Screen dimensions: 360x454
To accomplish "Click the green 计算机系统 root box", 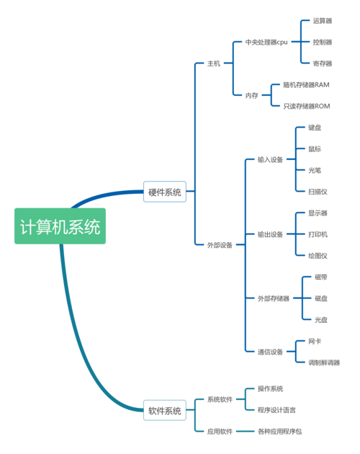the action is tap(60, 226).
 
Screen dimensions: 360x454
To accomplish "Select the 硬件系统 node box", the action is tap(165, 192).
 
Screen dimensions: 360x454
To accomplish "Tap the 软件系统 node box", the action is tap(165, 410).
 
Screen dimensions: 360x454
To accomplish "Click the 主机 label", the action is tap(214, 63).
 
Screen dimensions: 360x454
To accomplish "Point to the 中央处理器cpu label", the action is tap(266, 43).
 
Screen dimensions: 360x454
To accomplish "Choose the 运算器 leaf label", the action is tap(323, 21).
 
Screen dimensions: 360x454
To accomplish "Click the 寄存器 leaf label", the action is tap(323, 63).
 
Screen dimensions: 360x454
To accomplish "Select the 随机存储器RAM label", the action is tap(307, 85).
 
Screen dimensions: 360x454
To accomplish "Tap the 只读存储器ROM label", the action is tap(307, 106).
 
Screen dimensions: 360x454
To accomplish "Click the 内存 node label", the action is tap(251, 95).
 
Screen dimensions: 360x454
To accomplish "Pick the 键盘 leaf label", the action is tap(315, 128).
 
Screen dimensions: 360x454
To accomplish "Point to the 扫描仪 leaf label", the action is tap(318, 192).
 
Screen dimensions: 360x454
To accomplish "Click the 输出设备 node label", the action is tap(270, 234).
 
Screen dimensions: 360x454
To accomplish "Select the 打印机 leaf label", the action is tap(318, 234).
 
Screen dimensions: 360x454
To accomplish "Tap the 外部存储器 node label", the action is tap(274, 298).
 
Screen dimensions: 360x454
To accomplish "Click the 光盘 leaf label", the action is tap(321, 320).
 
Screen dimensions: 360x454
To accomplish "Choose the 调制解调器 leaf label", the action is tap(324, 362).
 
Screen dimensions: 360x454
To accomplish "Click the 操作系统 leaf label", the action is tap(270, 388).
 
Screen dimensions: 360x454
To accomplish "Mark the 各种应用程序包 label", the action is tap(280, 432).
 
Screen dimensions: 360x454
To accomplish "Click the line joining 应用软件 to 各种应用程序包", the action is tap(245, 432).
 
